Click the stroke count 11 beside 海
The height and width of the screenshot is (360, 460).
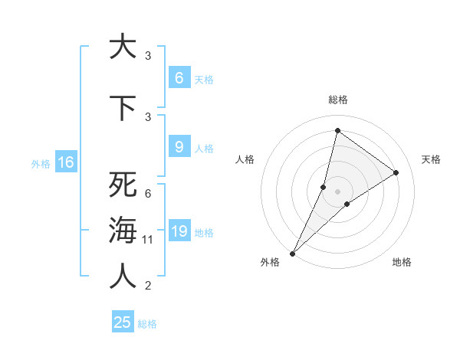148,240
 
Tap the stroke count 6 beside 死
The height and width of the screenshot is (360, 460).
148,194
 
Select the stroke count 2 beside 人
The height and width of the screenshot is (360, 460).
148,286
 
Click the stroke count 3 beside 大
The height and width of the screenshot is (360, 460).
148,56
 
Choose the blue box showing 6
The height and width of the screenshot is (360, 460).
179,77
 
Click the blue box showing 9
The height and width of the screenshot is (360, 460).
179,147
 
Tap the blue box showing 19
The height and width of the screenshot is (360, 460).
179,231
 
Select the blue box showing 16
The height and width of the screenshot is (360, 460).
65,162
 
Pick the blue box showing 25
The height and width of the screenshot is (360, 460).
123,322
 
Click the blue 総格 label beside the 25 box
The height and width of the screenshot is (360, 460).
147,324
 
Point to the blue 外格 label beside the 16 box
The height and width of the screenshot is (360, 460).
40,163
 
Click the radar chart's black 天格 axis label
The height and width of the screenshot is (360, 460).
432,159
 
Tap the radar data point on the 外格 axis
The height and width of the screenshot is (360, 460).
293,253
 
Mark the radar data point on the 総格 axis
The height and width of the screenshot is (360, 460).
337,130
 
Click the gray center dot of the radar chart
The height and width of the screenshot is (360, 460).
337,191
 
